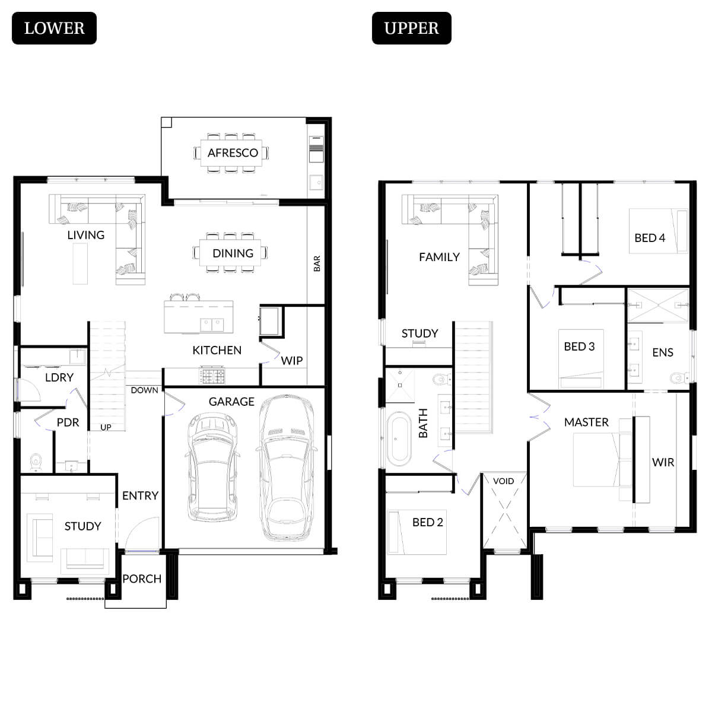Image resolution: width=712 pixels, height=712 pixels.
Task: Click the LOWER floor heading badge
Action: pos(54,28)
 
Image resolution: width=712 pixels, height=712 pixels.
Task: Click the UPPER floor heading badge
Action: pos(411,28)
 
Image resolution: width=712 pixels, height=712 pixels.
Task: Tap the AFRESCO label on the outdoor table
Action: pos(233,152)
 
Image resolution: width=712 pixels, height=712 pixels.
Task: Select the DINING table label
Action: pos(233,253)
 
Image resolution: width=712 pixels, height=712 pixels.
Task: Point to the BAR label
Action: pos(317,263)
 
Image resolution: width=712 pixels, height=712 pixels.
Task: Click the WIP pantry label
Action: pos(291,361)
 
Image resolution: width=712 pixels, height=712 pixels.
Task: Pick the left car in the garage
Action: pos(212,469)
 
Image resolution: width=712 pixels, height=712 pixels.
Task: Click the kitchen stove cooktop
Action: pos(212,376)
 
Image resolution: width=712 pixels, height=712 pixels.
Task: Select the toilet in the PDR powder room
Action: pos(36,462)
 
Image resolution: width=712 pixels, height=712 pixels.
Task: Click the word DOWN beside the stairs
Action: pos(144,390)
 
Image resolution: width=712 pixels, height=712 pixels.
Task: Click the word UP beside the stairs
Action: pos(106,427)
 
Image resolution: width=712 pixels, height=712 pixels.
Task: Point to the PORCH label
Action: pos(142,578)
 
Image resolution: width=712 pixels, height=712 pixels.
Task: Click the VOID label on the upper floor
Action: pos(503,481)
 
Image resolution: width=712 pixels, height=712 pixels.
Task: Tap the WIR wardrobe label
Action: pos(663,462)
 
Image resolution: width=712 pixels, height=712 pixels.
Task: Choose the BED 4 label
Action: pos(650,238)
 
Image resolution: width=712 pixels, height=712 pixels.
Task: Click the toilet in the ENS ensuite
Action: pos(678,378)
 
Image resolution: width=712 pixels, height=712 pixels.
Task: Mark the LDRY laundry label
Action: pos(59,377)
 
